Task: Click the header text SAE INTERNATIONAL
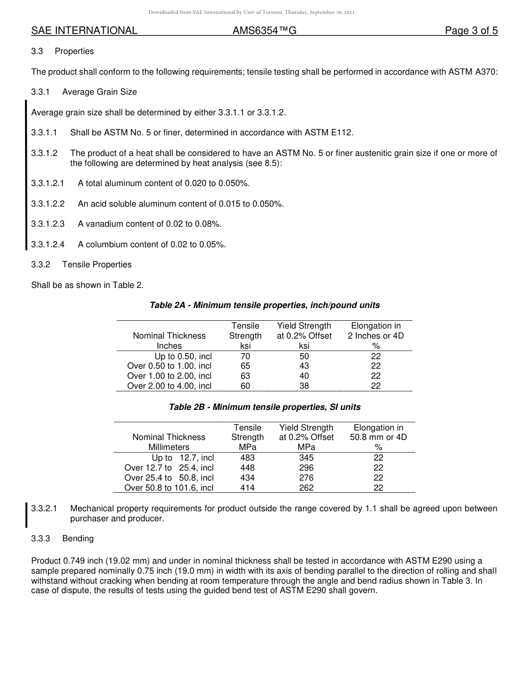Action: (84, 31)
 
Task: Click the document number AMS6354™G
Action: (264, 31)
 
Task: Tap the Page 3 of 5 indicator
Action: (471, 31)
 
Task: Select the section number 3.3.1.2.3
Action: (48, 224)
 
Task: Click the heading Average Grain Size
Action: (99, 92)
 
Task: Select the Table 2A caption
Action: (264, 305)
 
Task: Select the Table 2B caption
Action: (264, 407)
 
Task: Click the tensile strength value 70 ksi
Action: (245, 356)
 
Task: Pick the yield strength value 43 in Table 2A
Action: (304, 366)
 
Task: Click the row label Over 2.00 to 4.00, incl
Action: (169, 386)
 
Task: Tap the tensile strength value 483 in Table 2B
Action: (247, 458)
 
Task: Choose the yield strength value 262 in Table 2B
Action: (306, 488)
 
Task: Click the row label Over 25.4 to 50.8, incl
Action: (169, 478)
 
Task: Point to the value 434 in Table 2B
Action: (247, 478)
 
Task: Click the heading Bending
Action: (78, 539)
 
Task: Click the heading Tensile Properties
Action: (97, 265)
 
